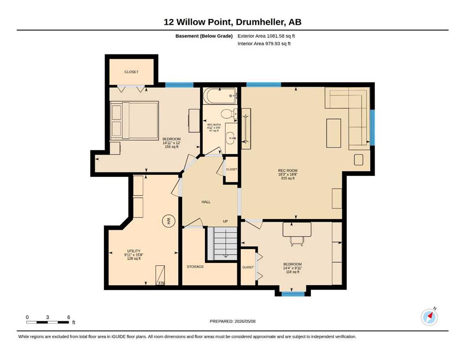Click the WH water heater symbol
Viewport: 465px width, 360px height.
pyautogui.click(x=169, y=221)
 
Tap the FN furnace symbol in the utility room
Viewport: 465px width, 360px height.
pyautogui.click(x=161, y=275)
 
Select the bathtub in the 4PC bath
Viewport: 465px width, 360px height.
pyautogui.click(x=220, y=96)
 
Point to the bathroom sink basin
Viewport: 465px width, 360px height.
pyautogui.click(x=231, y=138)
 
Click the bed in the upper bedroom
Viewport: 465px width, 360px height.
pyautogui.click(x=134, y=120)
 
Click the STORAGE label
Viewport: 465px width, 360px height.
pyautogui.click(x=195, y=267)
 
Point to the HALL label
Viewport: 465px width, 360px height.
pyautogui.click(x=206, y=202)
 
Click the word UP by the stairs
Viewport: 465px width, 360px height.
pyautogui.click(x=225, y=221)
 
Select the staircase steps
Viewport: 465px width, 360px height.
pyautogui.click(x=225, y=243)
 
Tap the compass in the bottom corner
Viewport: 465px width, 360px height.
pyautogui.click(x=429, y=317)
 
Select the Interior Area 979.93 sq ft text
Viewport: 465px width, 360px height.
pyautogui.click(x=264, y=44)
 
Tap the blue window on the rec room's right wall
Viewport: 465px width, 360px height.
pyautogui.click(x=372, y=127)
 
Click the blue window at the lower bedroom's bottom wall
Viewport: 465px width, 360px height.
pyautogui.click(x=293, y=294)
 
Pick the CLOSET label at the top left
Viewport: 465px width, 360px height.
pyautogui.click(x=132, y=72)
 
